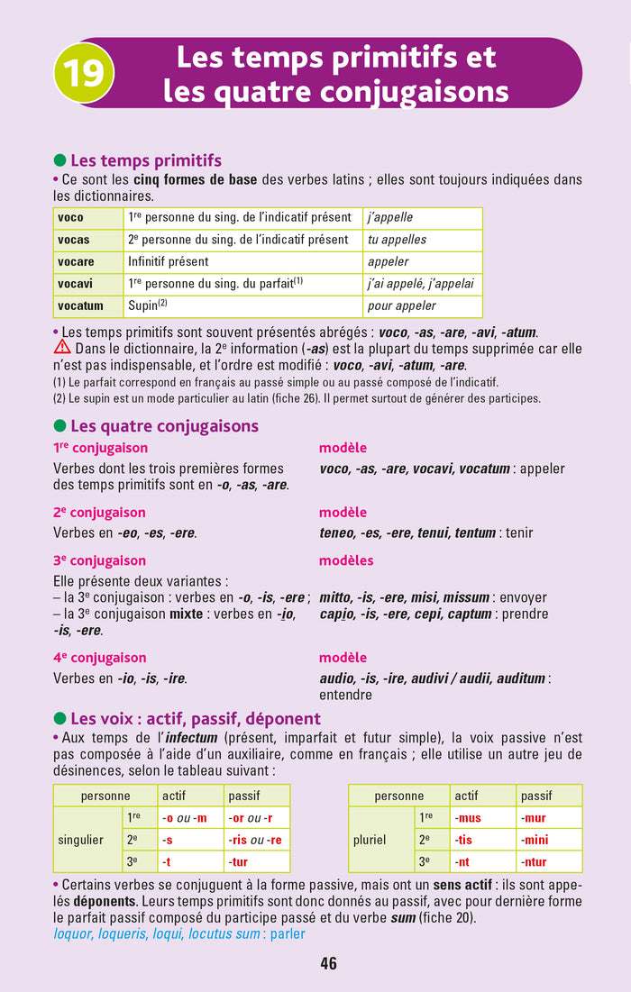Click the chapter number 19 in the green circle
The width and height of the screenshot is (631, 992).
pyautogui.click(x=84, y=72)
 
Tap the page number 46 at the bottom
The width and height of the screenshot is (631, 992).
pyautogui.click(x=328, y=963)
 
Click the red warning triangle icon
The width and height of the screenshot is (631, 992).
pyautogui.click(x=62, y=347)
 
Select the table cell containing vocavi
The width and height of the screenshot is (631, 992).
pyautogui.click(x=87, y=284)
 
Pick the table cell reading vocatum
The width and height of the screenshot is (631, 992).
pyautogui.click(x=87, y=306)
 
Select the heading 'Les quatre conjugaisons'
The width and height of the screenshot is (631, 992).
pyautogui.click(x=164, y=426)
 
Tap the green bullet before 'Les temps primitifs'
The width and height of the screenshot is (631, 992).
pyautogui.click(x=60, y=161)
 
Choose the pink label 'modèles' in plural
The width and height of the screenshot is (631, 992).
pyautogui.click(x=346, y=560)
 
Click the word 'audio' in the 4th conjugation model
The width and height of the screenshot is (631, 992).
pyautogui.click(x=337, y=678)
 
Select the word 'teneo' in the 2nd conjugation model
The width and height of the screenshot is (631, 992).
pyautogui.click(x=338, y=532)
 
